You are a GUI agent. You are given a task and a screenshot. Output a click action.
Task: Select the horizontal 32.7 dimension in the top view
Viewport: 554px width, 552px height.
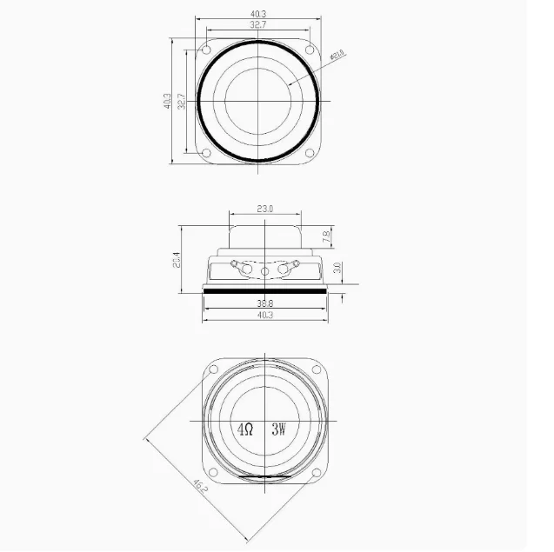[257, 26]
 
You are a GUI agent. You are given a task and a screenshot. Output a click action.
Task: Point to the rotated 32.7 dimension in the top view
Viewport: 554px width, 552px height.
[181, 102]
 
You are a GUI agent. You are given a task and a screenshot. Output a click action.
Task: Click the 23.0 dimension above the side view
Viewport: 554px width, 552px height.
[265, 209]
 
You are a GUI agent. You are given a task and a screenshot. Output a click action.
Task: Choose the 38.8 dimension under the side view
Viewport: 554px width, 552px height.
[265, 303]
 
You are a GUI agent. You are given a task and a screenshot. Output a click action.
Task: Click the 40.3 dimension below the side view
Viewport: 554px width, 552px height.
[265, 316]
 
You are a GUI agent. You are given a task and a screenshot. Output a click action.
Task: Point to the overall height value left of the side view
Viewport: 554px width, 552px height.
[177, 260]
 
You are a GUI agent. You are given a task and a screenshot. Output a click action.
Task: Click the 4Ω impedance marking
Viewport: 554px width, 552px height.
[245, 429]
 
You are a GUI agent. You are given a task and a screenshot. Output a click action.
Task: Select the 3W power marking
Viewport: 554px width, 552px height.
[278, 429]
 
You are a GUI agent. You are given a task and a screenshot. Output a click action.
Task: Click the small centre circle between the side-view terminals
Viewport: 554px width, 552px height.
[265, 272]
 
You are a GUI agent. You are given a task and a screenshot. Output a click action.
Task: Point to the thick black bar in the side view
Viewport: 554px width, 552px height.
[265, 292]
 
